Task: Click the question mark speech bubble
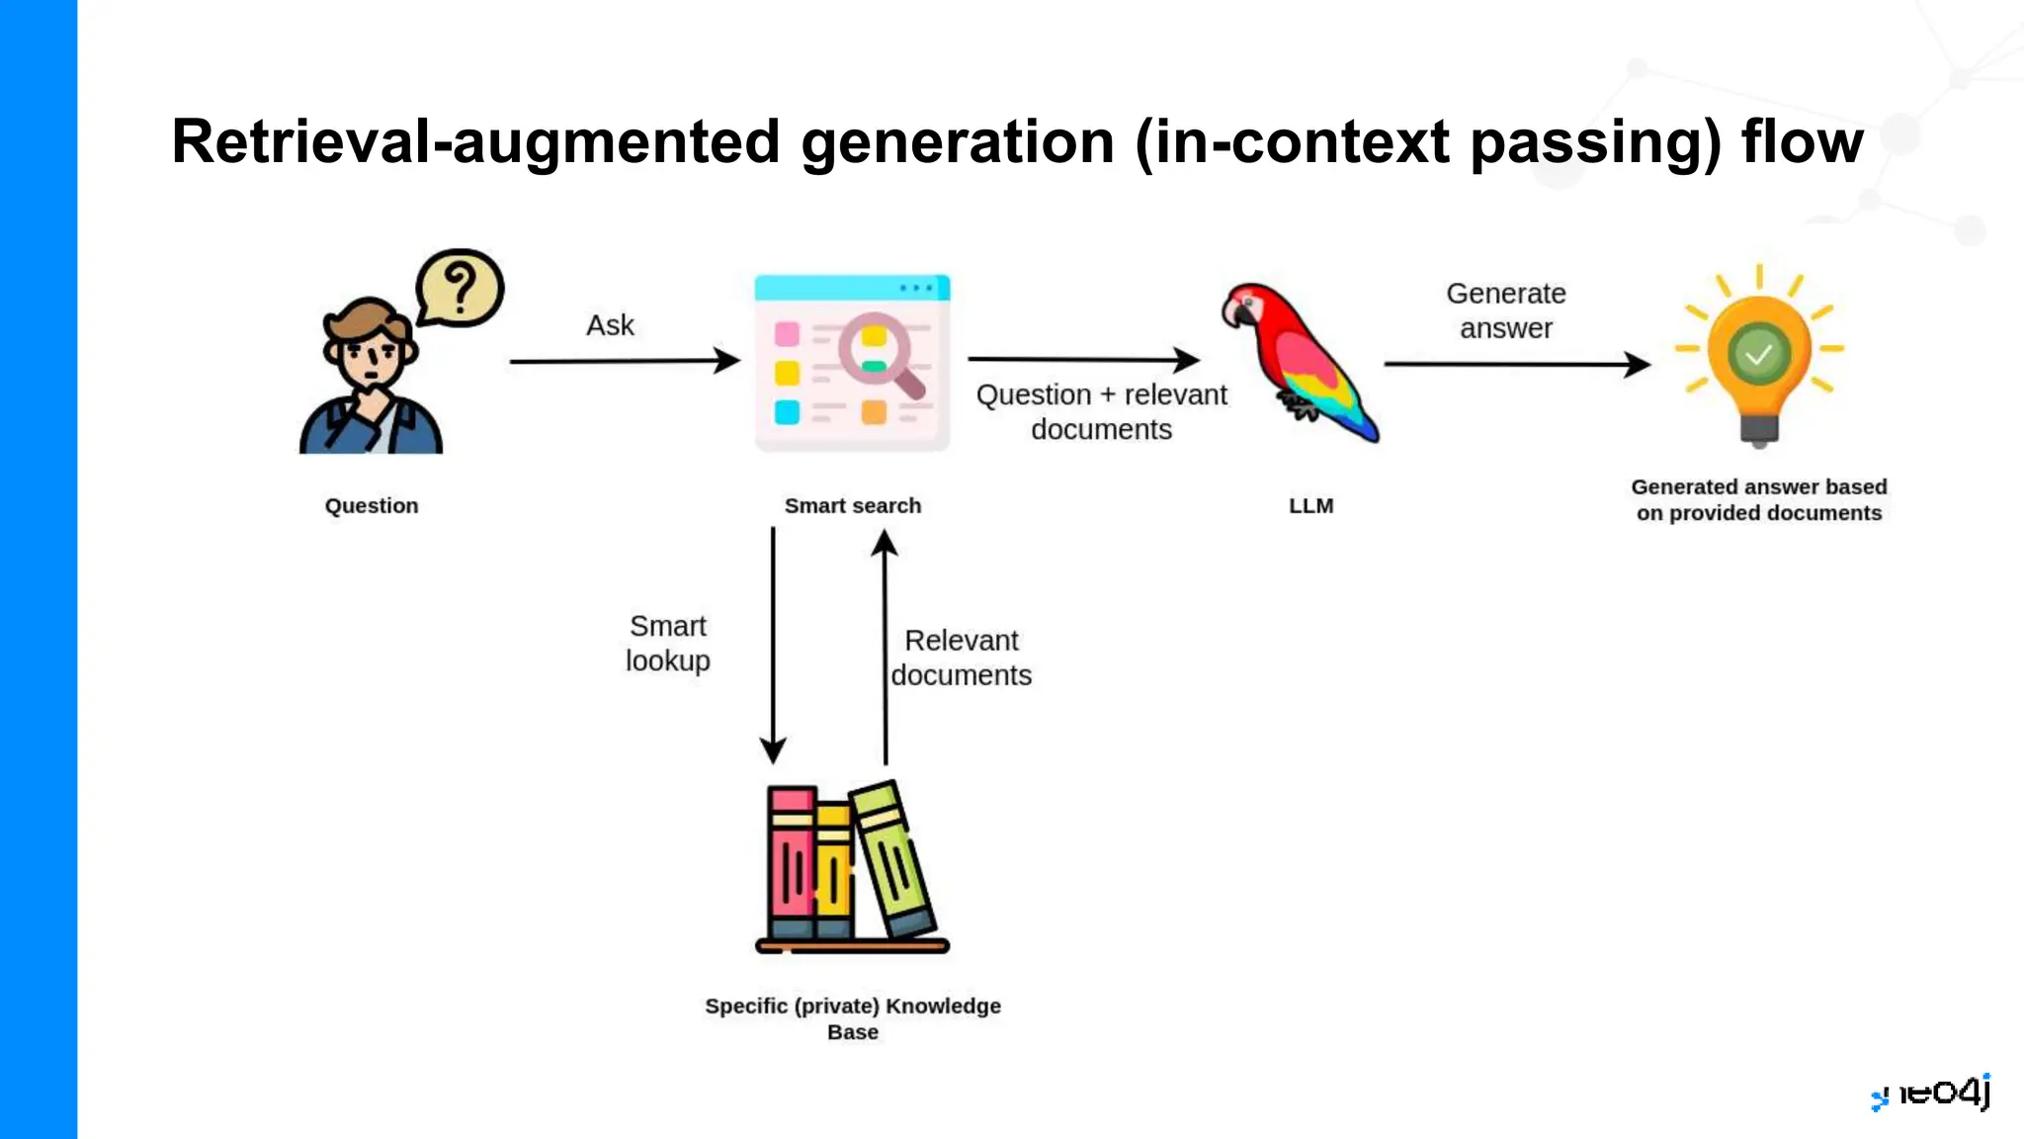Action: point(460,288)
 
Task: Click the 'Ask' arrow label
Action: point(610,325)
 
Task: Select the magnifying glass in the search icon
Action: point(878,351)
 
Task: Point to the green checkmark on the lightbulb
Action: point(1758,353)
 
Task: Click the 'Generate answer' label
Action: point(1505,310)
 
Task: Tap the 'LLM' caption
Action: point(1310,505)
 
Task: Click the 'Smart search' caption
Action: point(852,505)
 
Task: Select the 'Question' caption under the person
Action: point(372,505)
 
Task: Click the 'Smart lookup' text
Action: point(668,643)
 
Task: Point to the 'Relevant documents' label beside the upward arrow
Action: point(961,657)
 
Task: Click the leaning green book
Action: point(892,858)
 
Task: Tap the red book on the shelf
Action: point(792,862)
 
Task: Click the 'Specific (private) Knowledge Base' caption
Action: point(852,1018)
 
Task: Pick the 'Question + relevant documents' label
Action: point(1101,411)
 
